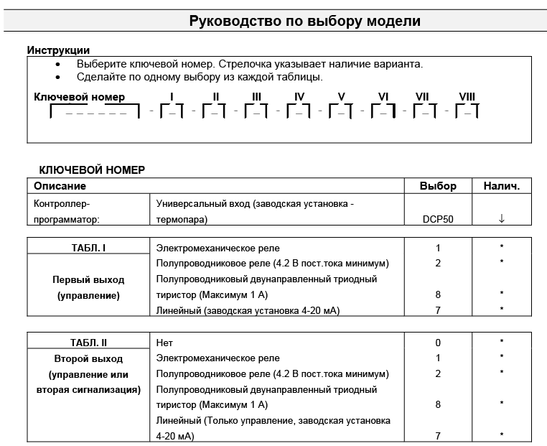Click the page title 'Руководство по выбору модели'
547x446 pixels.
click(x=304, y=21)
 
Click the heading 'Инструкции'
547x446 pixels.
click(x=58, y=50)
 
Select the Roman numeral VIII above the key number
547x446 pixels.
click(x=467, y=97)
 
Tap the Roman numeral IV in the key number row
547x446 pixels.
click(x=299, y=97)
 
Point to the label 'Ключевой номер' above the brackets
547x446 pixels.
click(x=79, y=97)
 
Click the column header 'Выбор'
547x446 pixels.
click(x=438, y=186)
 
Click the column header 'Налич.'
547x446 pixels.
click(x=501, y=186)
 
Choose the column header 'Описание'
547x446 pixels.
click(x=60, y=186)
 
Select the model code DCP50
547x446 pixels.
click(x=438, y=219)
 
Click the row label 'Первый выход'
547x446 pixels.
click(x=88, y=279)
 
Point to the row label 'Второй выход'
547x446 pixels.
click(x=88, y=358)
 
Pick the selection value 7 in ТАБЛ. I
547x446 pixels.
click(x=438, y=310)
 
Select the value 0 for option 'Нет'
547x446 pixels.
click(x=438, y=343)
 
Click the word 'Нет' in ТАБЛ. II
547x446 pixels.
click(x=165, y=343)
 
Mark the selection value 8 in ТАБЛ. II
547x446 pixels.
click(x=438, y=404)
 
